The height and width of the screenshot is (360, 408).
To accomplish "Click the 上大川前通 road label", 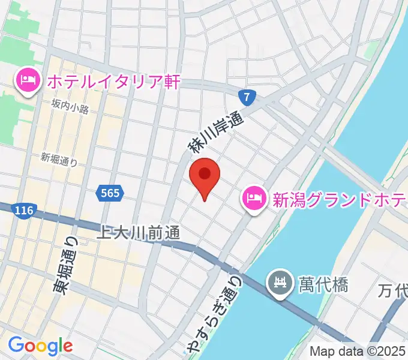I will pyautogui.click(x=139, y=232).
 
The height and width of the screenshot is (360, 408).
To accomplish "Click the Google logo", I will pyautogui.click(x=40, y=346).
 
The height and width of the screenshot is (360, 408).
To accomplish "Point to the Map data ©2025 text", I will pyautogui.click(x=358, y=352).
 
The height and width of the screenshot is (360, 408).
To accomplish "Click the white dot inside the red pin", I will pyautogui.click(x=205, y=173).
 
